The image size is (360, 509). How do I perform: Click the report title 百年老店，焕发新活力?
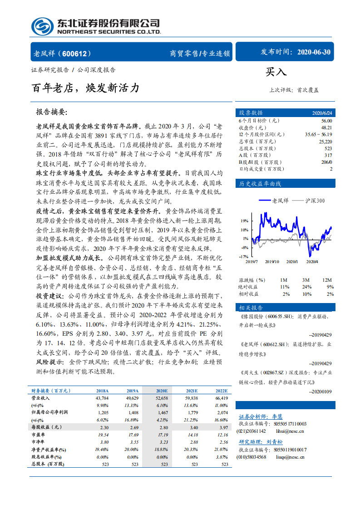pyautogui.click(x=85, y=88)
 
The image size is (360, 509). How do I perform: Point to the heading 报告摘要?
pyautogui.click(x=51, y=112)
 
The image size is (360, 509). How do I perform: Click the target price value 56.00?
pyautogui.click(x=326, y=121)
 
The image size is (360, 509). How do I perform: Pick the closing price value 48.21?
pyautogui.click(x=326, y=128)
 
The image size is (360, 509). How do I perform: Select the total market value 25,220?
pyautogui.click(x=325, y=142)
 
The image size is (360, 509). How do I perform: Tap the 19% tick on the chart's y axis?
pyautogui.click(x=245, y=221)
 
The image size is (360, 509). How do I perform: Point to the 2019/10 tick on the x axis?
pyautogui.click(x=272, y=261)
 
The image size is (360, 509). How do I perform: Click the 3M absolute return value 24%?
pyautogui.click(x=307, y=287)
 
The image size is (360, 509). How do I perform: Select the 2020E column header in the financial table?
pyautogui.click(x=162, y=391)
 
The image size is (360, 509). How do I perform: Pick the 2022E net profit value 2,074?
pyautogui.click(x=222, y=412)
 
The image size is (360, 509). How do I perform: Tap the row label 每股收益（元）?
pyautogui.click(x=46, y=427)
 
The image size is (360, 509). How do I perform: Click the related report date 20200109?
pyautogui.click(x=320, y=392)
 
